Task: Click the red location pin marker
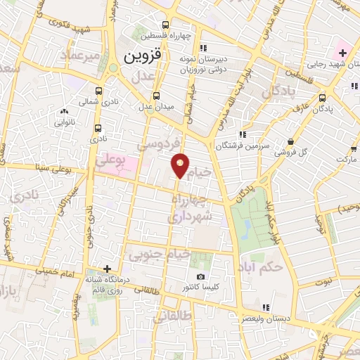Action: [181, 165]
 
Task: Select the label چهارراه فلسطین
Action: [158, 35]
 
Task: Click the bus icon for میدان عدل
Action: [156, 94]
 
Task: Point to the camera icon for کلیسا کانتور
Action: [201, 278]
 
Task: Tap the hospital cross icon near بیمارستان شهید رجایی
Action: [342, 53]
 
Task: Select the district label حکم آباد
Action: [280, 267]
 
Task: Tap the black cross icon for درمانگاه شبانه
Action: [106, 269]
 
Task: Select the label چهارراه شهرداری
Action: [189, 208]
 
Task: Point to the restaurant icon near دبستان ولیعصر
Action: [266, 307]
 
